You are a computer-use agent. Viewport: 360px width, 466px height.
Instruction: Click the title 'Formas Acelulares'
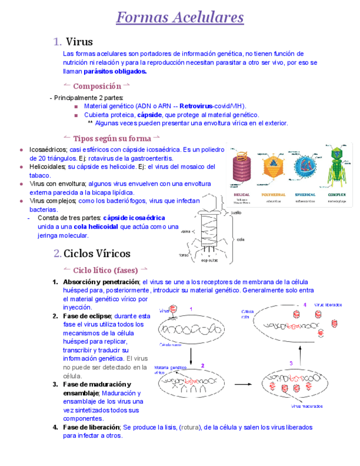pos(180,18)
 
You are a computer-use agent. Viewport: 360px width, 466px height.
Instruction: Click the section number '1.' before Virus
pos(57,42)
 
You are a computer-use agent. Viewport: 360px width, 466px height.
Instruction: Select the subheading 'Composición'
pos(97,86)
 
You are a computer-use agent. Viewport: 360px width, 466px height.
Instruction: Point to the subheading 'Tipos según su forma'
pos(112,137)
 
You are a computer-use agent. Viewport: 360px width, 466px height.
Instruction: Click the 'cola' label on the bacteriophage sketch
pos(240,239)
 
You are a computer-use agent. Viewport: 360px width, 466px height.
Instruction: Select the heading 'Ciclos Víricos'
pos(97,253)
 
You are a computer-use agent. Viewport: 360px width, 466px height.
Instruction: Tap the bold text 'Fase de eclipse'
pos(87,316)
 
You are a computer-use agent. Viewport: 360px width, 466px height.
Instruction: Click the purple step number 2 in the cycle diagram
pos(202,365)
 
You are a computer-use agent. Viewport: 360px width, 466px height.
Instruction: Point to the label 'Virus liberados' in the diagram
pos(328,304)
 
